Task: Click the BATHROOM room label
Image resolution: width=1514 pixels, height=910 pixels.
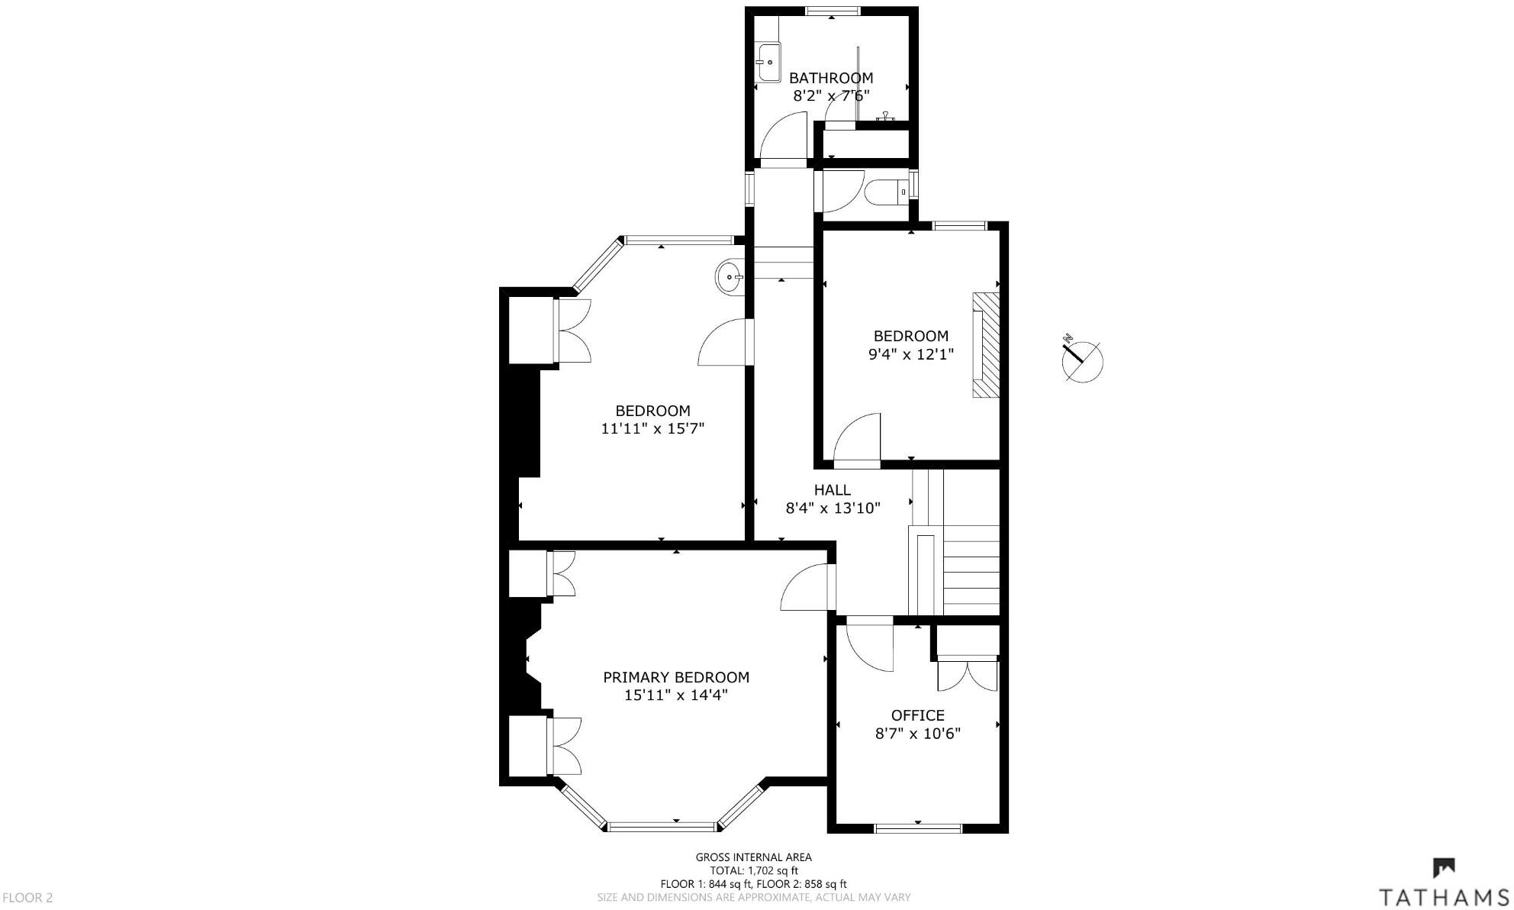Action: [830, 78]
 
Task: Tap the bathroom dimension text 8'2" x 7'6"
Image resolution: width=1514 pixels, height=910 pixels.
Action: [830, 96]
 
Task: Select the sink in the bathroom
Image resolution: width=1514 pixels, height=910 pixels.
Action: [768, 63]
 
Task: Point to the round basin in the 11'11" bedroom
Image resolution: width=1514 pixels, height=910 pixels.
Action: [730, 276]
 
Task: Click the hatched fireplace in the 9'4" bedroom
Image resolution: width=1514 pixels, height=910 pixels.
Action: [984, 345]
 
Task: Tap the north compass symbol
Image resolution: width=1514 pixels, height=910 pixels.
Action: [1081, 359]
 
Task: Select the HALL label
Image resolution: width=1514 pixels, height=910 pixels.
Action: [832, 490]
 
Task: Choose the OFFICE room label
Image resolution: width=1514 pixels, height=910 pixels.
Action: [917, 715]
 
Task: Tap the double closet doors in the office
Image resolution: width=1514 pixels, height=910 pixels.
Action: [967, 676]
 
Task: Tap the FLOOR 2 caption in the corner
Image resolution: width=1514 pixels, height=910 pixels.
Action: [27, 898]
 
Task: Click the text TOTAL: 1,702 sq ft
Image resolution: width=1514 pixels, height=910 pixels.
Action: [753, 870]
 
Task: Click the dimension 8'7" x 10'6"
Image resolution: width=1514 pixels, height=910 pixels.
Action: [917, 734]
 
